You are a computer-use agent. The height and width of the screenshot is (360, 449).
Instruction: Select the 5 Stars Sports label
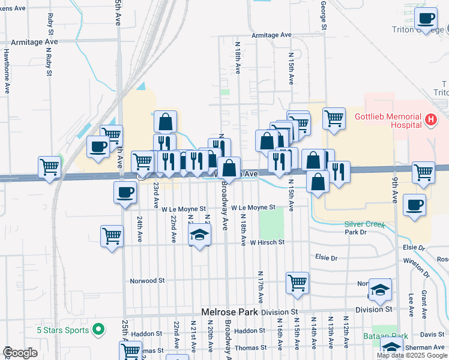[62, 329]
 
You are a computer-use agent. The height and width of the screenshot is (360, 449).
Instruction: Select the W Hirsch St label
[267, 243]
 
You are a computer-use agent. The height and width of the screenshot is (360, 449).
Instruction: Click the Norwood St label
[148, 280]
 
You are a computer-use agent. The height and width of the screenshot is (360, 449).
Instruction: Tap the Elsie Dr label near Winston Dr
[412, 247]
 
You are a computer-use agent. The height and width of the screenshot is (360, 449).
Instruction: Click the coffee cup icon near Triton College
[427, 19]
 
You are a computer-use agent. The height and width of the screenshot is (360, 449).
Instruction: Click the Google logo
[20, 353]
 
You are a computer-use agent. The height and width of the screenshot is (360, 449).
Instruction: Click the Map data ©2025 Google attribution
[412, 355]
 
